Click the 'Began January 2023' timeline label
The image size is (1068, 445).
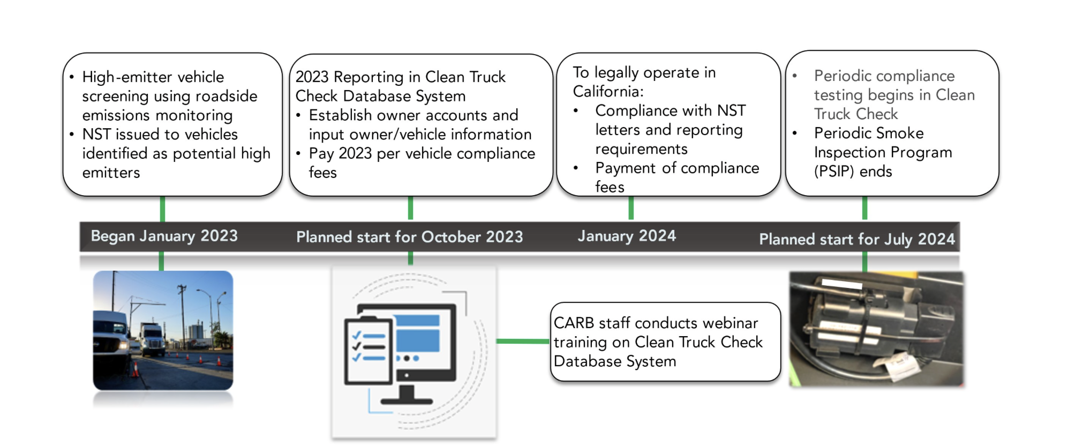(164, 236)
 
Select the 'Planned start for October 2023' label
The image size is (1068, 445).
(409, 237)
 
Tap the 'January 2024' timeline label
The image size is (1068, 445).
(627, 236)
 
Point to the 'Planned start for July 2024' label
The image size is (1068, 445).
(856, 239)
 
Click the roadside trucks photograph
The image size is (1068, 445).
(163, 330)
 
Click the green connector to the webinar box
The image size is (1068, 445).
(523, 341)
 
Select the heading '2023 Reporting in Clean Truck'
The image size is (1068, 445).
(400, 77)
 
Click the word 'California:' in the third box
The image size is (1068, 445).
(608, 92)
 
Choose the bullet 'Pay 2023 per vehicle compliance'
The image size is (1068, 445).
(422, 154)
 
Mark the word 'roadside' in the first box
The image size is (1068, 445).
(227, 97)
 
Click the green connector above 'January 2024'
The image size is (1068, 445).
(631, 208)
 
